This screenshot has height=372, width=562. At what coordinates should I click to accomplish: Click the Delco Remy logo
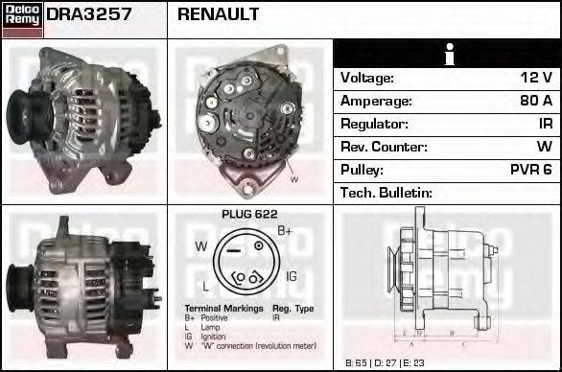pos(21,18)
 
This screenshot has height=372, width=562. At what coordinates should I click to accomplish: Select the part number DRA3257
pos(89,15)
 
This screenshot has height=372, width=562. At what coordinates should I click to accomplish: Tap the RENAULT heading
pos(218,15)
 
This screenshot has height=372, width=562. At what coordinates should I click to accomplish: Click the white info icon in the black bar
pos(448,55)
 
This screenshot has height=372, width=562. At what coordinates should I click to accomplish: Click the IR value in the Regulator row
pos(544,124)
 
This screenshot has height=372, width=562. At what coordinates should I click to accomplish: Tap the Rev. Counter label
pos(384,147)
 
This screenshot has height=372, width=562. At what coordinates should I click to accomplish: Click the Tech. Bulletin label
pos(386,193)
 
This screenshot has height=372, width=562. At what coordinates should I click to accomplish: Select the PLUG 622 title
pos(249,215)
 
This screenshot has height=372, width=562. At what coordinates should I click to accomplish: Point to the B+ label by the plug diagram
pos(285,231)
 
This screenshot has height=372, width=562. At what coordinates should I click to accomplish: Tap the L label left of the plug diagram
pos(205,286)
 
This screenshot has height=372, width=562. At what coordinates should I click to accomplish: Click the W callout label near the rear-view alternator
pos(293,179)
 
